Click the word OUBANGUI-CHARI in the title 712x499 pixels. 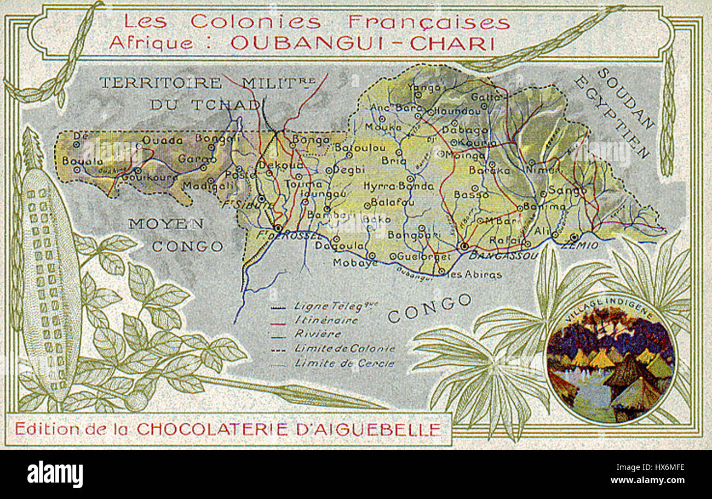(359, 43)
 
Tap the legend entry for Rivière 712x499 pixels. (317, 334)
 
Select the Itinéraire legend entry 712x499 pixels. (325, 320)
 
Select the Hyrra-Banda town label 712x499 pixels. (398, 186)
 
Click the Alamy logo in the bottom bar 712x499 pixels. (55, 473)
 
